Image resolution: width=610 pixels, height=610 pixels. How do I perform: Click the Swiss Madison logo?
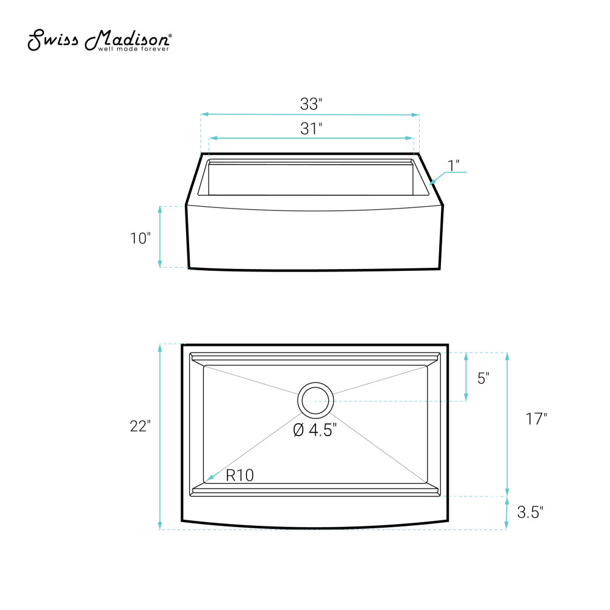point(99,40)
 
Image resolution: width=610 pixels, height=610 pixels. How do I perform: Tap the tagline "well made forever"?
point(134,49)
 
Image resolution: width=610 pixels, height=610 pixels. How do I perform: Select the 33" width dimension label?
point(311,104)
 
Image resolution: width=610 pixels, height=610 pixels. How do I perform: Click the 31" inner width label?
point(311,129)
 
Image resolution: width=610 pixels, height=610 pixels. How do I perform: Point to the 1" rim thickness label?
point(454,166)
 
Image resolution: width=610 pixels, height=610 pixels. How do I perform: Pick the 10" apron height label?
point(140,238)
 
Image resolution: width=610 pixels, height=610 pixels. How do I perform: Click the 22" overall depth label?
point(140,426)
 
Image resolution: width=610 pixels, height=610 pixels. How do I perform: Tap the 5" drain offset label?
point(483,378)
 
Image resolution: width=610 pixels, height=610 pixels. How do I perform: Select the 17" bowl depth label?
point(536,419)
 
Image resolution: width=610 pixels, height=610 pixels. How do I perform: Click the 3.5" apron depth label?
point(530,512)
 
